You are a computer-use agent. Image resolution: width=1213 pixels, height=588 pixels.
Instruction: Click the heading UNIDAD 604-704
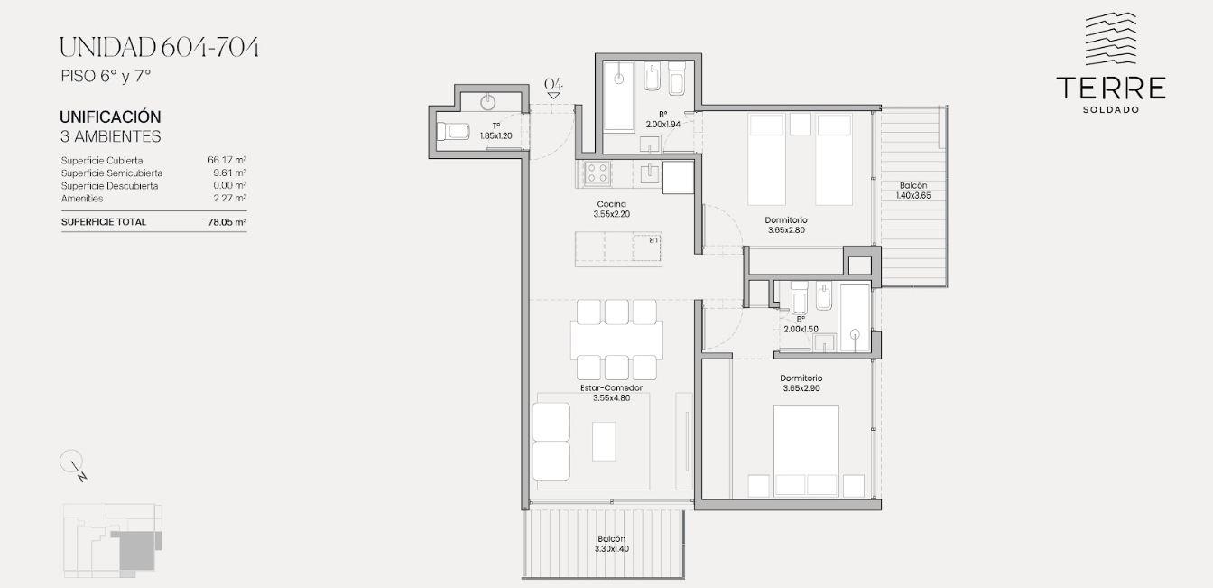(159, 47)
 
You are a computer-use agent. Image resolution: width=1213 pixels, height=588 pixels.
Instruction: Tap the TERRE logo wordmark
(1111, 89)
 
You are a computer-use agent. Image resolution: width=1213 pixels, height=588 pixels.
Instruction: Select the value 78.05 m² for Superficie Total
(227, 221)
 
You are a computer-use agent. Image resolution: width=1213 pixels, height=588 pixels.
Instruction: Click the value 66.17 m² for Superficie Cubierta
(227, 160)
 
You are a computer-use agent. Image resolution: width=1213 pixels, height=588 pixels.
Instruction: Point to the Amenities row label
(82, 199)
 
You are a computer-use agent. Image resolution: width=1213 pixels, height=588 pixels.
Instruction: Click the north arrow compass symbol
(72, 464)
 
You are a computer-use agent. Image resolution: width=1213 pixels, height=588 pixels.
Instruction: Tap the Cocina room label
(611, 204)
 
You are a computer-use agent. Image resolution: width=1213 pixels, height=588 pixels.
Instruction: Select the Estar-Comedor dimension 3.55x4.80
(611, 397)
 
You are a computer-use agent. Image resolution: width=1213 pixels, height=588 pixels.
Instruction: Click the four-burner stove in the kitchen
(597, 173)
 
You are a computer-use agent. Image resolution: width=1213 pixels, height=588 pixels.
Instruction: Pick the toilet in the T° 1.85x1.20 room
(453, 131)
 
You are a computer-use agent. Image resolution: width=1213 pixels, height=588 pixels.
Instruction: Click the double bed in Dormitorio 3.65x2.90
(806, 450)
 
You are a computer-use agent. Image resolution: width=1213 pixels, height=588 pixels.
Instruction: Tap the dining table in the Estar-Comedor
(616, 340)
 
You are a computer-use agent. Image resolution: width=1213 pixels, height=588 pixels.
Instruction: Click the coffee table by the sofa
(604, 441)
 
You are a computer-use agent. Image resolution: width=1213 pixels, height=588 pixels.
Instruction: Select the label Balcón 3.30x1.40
(611, 544)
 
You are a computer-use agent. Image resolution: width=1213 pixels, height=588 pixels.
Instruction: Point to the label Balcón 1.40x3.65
(913, 191)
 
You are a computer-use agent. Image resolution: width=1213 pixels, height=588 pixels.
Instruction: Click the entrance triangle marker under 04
(553, 96)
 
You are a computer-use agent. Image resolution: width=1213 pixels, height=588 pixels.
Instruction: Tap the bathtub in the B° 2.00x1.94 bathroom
(619, 96)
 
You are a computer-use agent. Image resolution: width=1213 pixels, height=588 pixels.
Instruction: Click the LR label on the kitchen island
(653, 239)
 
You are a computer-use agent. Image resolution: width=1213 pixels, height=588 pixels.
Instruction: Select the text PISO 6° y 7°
(106, 77)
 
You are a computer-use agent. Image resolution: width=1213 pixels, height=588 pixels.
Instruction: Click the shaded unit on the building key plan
(134, 549)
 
